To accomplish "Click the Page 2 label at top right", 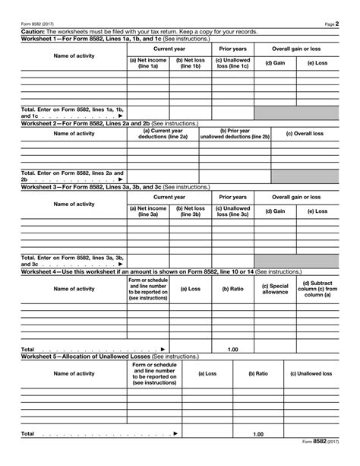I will click(x=330, y=24).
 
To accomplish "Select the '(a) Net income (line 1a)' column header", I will click(x=148, y=63).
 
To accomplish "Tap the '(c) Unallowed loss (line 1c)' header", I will click(x=232, y=63).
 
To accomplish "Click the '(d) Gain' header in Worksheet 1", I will click(x=274, y=63).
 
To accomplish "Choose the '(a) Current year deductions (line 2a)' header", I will click(x=163, y=134).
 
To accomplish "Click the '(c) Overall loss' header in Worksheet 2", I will click(x=303, y=134).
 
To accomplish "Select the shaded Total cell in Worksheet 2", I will click(x=305, y=176).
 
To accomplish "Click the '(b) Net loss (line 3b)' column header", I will click(x=190, y=212).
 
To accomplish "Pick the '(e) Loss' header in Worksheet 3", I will click(x=317, y=211).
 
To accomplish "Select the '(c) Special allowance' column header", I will click(x=275, y=289).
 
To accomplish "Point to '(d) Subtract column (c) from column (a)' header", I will click(x=317, y=289).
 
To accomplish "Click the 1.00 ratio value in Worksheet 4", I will click(x=233, y=349).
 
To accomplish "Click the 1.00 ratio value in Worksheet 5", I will click(x=258, y=434).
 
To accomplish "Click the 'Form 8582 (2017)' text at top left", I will click(x=38, y=24).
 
